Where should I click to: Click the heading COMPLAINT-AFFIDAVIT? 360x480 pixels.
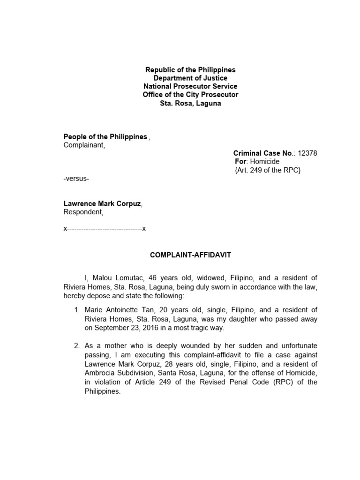tap(190, 255)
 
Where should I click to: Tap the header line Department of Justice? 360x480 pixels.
tap(190, 78)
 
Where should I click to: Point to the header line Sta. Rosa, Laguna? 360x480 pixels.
tap(190, 103)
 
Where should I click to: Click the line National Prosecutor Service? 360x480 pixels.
tap(190, 86)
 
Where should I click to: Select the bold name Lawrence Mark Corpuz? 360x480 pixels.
tap(102, 203)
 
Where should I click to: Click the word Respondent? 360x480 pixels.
tap(82, 212)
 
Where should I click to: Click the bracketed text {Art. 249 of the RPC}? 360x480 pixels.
tap(267, 170)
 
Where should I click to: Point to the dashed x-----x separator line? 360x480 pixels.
tap(105, 229)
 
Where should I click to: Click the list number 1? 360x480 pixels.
tap(77, 310)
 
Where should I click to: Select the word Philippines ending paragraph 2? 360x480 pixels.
tap(102, 391)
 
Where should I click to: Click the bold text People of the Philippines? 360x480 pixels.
tap(105, 136)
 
